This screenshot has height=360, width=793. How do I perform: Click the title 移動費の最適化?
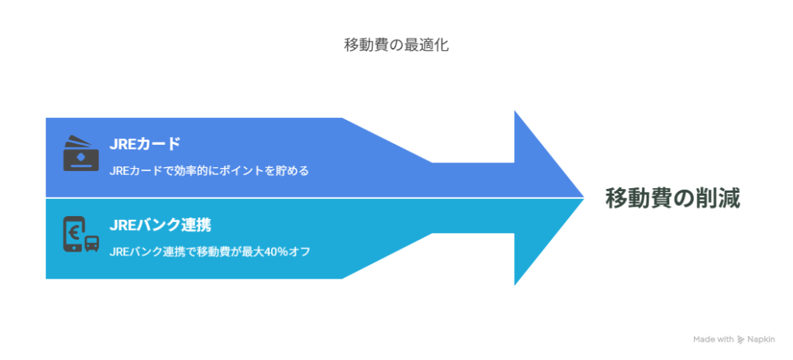tap(396, 46)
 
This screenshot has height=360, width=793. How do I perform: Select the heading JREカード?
tap(145, 144)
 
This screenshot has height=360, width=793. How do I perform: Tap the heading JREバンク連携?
tap(160, 225)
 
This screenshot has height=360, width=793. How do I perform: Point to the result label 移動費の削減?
tap(673, 198)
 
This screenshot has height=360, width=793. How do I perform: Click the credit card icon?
tap(81, 153)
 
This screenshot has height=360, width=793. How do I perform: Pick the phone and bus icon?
tap(81, 234)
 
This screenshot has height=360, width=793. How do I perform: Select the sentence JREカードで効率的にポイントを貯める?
tap(209, 171)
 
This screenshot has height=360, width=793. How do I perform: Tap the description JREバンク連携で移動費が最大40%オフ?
tap(209, 252)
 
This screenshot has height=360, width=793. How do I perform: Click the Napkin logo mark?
tap(741, 340)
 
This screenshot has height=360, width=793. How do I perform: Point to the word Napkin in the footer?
tap(761, 340)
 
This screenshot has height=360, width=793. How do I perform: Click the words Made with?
tap(713, 340)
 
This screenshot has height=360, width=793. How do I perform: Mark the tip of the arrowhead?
tap(585, 197)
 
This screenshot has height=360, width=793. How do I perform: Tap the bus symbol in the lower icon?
tap(91, 244)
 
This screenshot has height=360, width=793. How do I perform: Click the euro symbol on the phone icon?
tap(73, 231)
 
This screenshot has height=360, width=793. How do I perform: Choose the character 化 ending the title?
tap(441, 46)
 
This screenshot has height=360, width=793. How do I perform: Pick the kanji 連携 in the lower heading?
tap(196, 225)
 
